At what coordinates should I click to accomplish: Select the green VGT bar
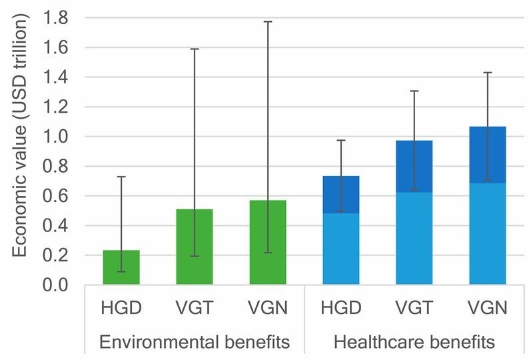[x=195, y=247]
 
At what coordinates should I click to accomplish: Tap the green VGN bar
[x=268, y=243]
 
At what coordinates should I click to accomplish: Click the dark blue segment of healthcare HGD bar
[x=341, y=195]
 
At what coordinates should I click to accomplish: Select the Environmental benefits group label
[x=195, y=342]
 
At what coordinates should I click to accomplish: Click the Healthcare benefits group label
[x=414, y=342]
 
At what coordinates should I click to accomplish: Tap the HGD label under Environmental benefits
[x=121, y=309]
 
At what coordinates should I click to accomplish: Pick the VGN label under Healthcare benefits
[x=488, y=309]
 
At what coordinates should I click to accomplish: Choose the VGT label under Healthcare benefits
[x=414, y=309]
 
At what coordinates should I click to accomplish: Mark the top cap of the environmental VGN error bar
[x=268, y=22]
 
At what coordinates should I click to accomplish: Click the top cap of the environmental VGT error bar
[x=195, y=49]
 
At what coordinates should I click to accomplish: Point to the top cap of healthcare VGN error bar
[x=488, y=73]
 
